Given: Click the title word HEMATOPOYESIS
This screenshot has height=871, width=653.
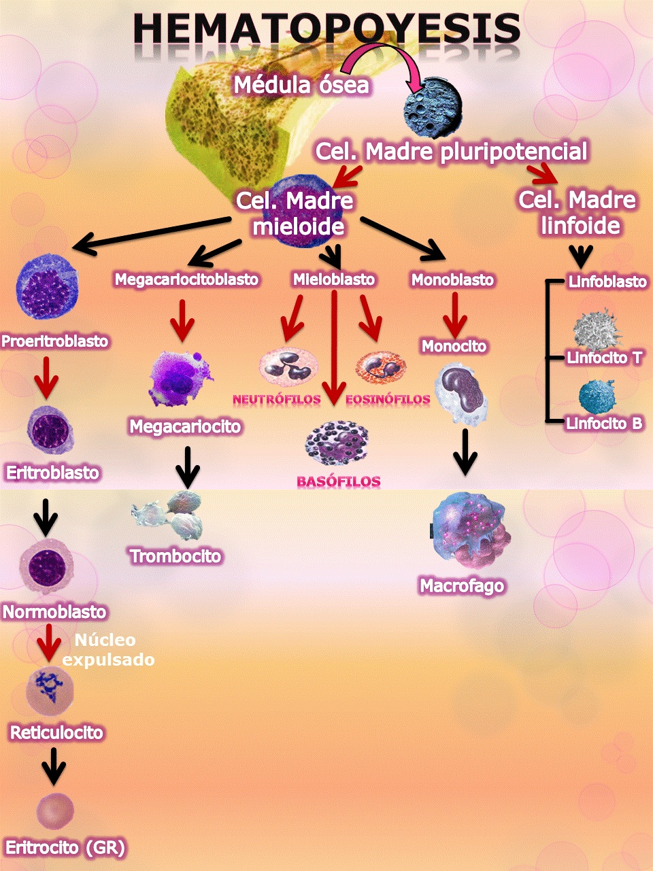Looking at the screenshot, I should click(326, 29).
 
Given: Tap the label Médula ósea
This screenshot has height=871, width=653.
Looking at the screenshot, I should click(301, 85).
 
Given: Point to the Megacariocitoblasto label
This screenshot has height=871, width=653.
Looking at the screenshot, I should click(186, 279).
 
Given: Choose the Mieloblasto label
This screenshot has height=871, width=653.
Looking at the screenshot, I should click(334, 279).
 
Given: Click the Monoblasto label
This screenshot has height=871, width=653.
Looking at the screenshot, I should click(452, 279).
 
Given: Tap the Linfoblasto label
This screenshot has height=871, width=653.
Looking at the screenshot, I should click(607, 281).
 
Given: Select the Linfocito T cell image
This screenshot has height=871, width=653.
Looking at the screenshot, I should click(597, 330).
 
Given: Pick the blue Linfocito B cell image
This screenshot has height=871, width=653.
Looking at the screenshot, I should click(597, 398).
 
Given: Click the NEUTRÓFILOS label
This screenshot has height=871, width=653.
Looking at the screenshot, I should click(276, 400).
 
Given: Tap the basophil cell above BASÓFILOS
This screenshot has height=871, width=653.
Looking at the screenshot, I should click(337, 443).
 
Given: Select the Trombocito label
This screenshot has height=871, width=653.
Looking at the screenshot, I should click(175, 556).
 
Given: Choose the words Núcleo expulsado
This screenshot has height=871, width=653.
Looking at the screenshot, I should click(107, 650).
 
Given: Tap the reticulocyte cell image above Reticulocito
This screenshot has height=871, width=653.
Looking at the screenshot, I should click(49, 691).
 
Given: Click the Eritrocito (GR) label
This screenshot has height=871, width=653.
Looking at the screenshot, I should click(65, 848).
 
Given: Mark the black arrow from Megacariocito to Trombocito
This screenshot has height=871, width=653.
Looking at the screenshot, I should click(187, 466).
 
